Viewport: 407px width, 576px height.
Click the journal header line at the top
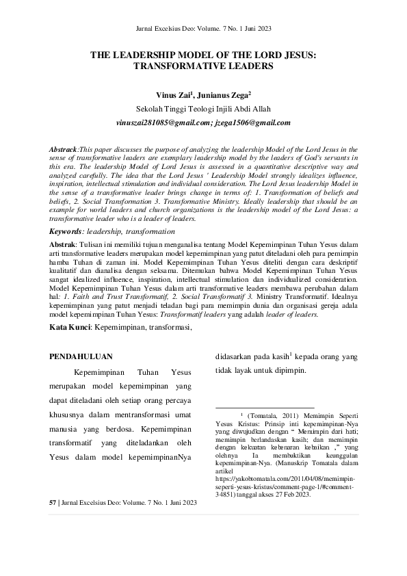(x=203, y=29)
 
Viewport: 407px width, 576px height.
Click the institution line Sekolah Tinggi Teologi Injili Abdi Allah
(x=203, y=109)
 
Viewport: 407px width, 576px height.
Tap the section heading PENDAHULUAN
(x=81, y=356)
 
